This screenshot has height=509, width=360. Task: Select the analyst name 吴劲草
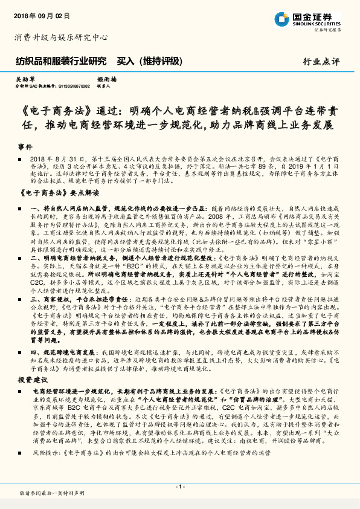[25, 79]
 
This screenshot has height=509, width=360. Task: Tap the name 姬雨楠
[107, 79]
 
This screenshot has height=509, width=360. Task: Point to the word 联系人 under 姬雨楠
[104, 86]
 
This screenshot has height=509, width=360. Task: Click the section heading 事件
[24, 148]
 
